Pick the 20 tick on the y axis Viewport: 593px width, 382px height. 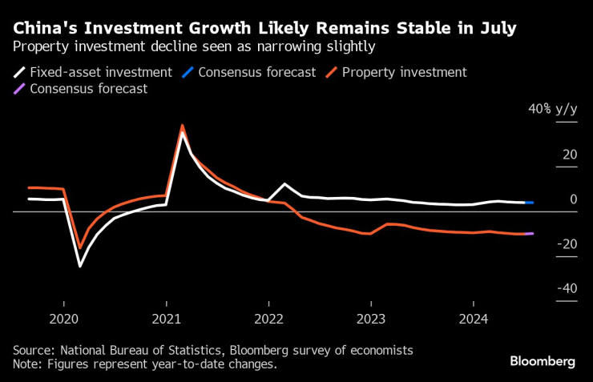(570, 154)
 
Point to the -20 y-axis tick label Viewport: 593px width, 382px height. (567, 243)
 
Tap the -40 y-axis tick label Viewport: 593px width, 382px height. (567, 288)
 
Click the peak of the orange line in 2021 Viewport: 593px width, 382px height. (183, 126)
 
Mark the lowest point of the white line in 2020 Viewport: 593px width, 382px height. (79, 266)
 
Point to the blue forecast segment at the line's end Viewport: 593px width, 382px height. (530, 203)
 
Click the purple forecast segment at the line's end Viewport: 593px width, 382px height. (530, 234)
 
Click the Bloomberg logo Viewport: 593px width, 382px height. (543, 362)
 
